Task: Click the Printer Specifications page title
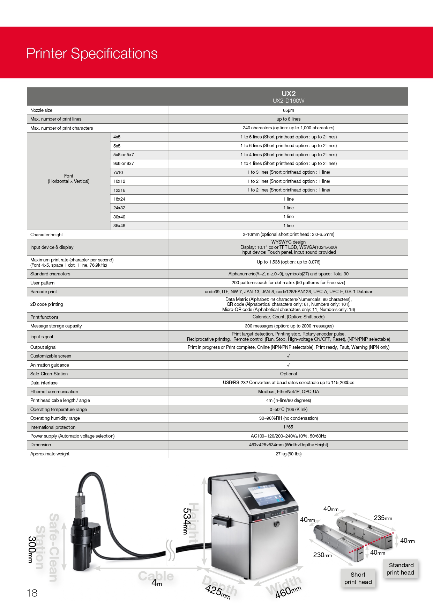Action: click(x=92, y=53)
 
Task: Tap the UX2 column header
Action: click(x=288, y=94)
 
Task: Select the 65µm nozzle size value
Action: click(x=288, y=110)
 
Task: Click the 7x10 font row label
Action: click(x=118, y=173)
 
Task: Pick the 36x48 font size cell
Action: click(x=119, y=226)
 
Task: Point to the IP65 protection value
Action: click(x=288, y=427)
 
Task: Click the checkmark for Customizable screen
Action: click(x=288, y=356)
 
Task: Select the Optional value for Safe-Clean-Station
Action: click(x=288, y=374)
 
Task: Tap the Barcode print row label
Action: click(x=44, y=292)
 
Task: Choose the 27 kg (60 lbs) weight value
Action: click(x=288, y=454)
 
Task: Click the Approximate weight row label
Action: click(x=50, y=454)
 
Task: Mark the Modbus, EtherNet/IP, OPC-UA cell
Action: click(x=288, y=392)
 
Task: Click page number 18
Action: click(x=32, y=593)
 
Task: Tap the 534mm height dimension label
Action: click(x=186, y=521)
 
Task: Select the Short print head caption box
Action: click(x=358, y=578)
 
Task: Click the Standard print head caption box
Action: click(x=401, y=569)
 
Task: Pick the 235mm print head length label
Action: click(x=383, y=518)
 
